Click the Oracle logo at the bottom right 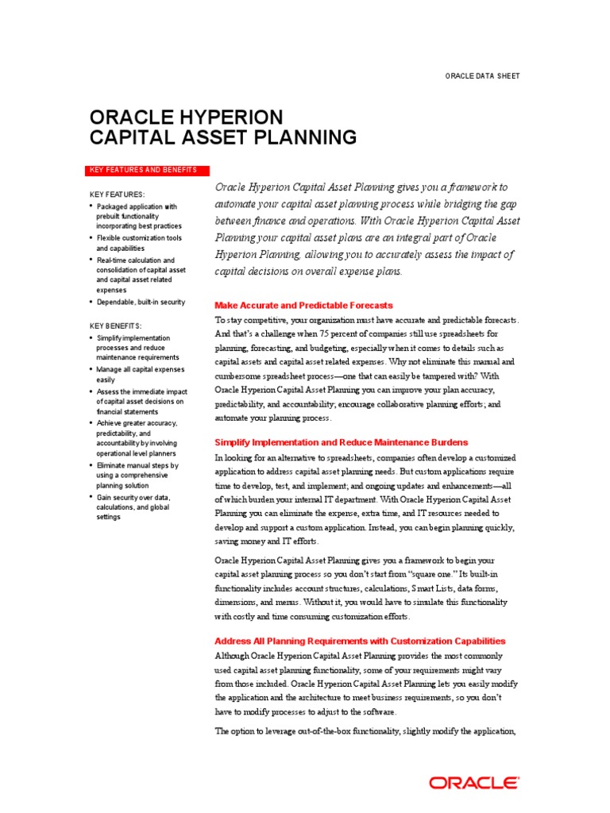coord(475,783)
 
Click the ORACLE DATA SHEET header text coord(483,75)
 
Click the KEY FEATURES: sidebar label coord(117,195)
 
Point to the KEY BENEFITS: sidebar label coord(116,326)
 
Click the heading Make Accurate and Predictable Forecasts coord(304,305)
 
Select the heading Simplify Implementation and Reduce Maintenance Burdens coord(342,441)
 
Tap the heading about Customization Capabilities coord(360,641)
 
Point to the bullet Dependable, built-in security coord(141,302)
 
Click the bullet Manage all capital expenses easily coord(140,375)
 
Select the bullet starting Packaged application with coord(138,216)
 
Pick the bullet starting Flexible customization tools coord(139,243)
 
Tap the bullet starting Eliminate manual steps coord(137,476)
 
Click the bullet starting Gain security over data coord(133,507)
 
